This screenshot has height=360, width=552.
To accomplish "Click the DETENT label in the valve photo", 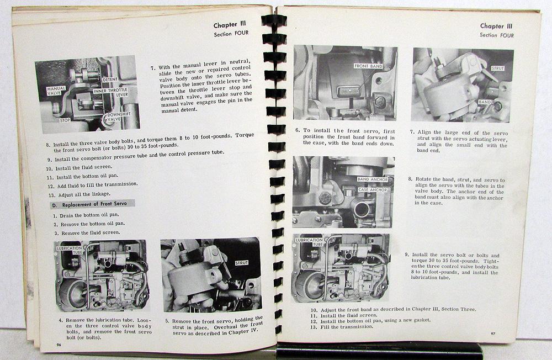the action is tap(110, 80).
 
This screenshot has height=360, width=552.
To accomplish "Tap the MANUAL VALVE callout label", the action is tap(56, 91).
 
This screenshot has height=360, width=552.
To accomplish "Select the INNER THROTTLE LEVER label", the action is tap(110, 92).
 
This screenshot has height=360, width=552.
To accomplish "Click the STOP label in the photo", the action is tap(65, 120).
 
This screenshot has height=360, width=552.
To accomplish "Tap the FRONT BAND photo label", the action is tap(368, 66).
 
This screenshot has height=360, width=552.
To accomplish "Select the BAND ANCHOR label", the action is tap(373, 179).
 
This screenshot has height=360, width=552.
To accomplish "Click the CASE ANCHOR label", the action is tap(373, 190).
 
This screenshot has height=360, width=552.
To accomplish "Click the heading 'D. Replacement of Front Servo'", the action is tap(93, 204).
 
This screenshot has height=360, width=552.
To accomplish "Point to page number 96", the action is tap(59, 345).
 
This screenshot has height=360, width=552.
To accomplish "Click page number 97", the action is tap(493, 333).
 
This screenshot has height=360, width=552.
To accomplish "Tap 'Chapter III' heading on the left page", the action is tap(230, 25).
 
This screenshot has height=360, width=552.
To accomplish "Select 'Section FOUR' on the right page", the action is tap(496, 35).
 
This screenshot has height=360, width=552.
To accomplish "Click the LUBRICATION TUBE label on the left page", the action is tap(70, 250).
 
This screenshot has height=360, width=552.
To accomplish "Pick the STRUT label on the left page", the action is tap(242, 263).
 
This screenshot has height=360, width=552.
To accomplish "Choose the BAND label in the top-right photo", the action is tap(485, 102).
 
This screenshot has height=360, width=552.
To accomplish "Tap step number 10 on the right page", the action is tap(314, 310).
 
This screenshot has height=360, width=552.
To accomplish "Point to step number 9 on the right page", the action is tap(407, 255).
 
